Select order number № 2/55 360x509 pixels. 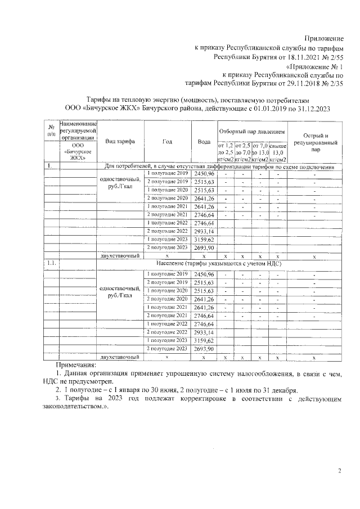(331, 57)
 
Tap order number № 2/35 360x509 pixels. (331, 84)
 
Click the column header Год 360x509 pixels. (167, 141)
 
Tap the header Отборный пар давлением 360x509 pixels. (251, 131)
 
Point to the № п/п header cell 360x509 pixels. (51, 130)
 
